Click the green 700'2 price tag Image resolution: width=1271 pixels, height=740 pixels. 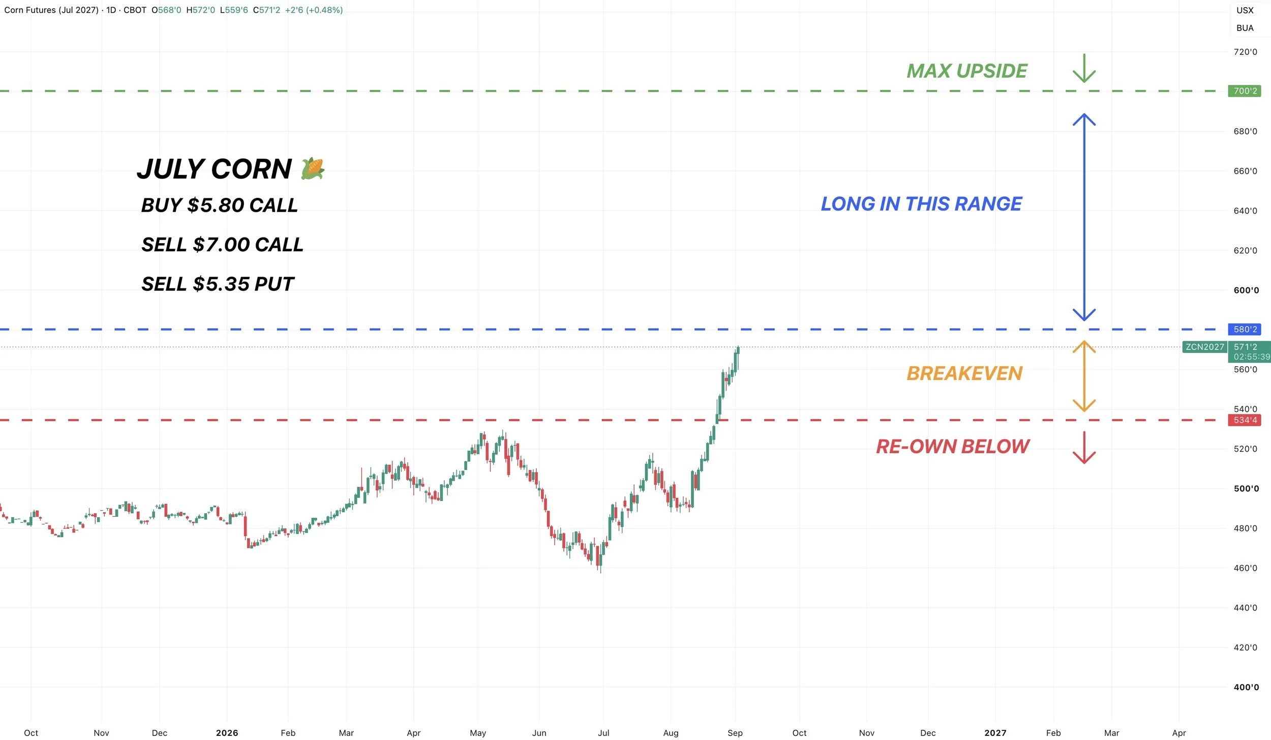(1244, 91)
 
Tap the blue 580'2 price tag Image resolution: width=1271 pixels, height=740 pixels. (1244, 329)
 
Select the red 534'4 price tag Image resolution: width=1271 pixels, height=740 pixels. (1244, 420)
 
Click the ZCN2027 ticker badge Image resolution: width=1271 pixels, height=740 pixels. (1205, 347)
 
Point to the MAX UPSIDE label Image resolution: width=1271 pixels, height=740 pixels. (967, 71)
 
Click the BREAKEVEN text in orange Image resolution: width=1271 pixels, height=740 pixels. (964, 373)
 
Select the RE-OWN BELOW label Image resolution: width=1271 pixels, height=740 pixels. (953, 447)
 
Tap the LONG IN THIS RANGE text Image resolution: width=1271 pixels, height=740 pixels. (921, 203)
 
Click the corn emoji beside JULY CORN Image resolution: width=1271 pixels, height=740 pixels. (313, 168)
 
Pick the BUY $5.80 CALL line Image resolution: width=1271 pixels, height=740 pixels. (220, 205)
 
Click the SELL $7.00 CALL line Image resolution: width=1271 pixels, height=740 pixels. (222, 245)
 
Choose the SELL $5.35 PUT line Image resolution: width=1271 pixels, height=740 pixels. (218, 284)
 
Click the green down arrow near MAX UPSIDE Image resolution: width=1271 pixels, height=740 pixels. (1084, 68)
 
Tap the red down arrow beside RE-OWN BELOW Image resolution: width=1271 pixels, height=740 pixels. (1084, 448)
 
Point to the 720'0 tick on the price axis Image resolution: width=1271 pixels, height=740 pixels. (1245, 52)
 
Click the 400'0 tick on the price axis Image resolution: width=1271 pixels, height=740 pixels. (1246, 687)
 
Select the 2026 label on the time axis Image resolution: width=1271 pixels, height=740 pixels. (227, 733)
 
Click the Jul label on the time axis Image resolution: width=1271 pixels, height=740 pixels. (603, 733)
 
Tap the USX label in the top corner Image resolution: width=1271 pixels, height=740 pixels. (1245, 10)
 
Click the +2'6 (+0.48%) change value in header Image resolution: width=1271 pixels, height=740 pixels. (314, 10)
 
